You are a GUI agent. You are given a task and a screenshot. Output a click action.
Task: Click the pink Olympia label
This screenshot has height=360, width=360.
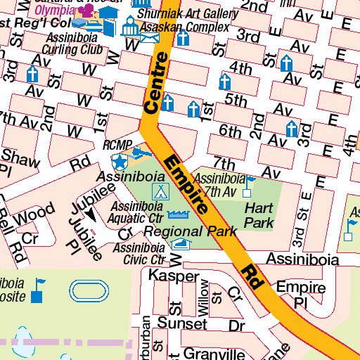click(53, 11)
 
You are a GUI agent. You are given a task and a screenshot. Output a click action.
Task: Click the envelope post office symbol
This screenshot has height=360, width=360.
click(149, 37)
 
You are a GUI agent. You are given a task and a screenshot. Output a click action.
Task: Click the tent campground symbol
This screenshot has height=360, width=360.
click(160, 191)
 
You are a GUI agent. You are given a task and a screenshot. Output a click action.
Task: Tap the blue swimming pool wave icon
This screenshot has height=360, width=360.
click(179, 215)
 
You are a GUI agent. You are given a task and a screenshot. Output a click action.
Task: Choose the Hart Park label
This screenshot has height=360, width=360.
click(259, 215)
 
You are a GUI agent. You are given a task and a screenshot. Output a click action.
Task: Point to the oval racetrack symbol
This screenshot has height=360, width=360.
click(86, 290)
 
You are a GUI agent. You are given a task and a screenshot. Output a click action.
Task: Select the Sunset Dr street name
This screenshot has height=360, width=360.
click(193, 324)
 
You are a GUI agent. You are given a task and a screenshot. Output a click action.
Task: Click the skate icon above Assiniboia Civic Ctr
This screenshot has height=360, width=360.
click(182, 244)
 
